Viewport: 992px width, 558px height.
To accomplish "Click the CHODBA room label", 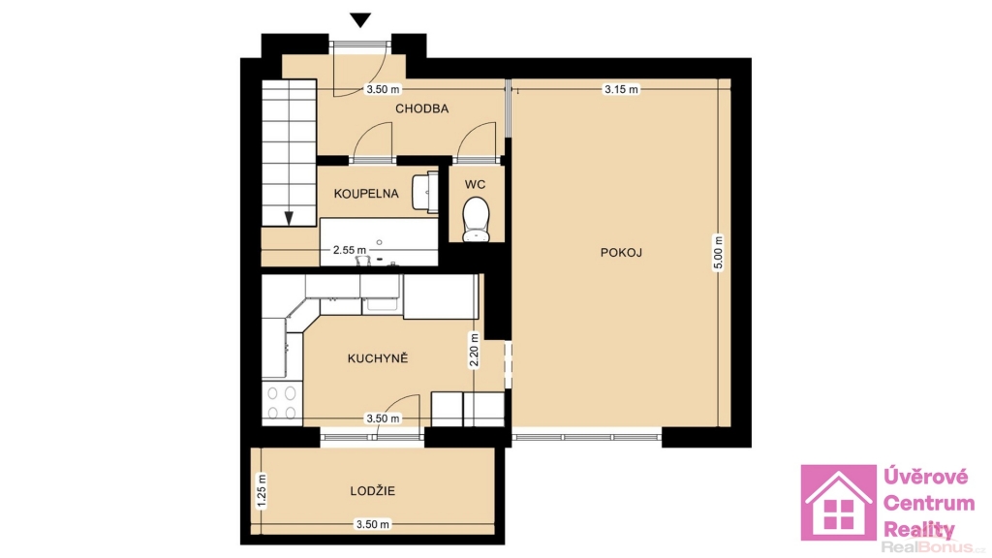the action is coord(422,108).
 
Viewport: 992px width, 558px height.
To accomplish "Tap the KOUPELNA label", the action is coord(366,194).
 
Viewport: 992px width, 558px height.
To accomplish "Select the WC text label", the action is coord(475,185).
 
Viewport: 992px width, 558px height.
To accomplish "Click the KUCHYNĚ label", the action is coord(378,358).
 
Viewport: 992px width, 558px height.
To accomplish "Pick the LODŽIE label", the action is coord(373,490).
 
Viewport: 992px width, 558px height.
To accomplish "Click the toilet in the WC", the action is coord(476,219).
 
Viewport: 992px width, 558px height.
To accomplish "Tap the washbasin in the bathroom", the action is coord(424,192).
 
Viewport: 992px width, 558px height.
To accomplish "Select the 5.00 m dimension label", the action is coord(718,253).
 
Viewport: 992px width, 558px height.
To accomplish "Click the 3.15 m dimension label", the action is coord(621,89).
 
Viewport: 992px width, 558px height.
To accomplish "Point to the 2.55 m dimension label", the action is coord(350,250).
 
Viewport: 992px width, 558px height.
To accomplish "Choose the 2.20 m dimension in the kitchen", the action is coord(474,351).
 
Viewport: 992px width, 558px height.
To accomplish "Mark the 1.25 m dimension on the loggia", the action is coord(262,491).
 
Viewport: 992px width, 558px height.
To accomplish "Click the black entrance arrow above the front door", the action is coord(360,20).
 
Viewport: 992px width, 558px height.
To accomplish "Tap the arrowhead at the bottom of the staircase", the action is coord(289,218).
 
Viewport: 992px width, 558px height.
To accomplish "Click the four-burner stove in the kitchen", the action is coord(282,403).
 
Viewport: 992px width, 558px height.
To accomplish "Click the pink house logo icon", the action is coord(838,503).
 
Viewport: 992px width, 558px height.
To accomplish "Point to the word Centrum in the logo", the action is coord(929,504).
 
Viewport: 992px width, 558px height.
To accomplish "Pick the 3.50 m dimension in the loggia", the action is coord(373,524).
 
